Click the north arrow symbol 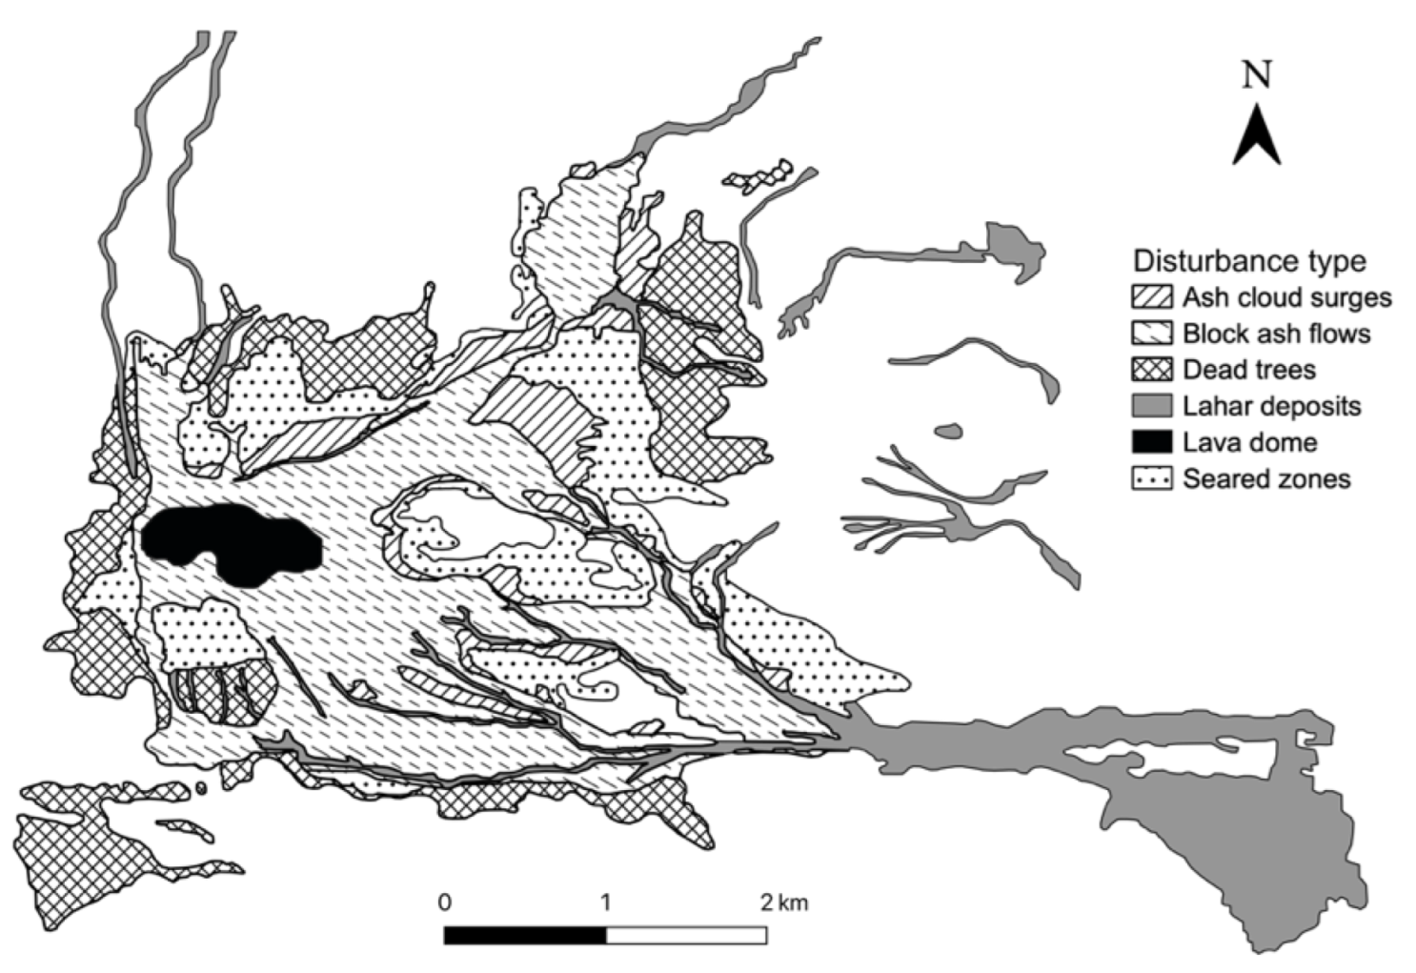point(1256,135)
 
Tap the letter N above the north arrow point(1257,74)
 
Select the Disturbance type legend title point(1249,260)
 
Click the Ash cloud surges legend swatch point(1151,297)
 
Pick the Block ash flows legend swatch point(1151,334)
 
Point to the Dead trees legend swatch point(1151,370)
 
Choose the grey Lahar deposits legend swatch point(1151,406)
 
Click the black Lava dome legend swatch point(1151,442)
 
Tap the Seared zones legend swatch point(1151,478)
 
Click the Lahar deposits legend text point(1272,407)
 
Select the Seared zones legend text point(1266,478)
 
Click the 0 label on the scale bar point(445,902)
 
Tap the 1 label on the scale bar point(605,902)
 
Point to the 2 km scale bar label point(783,902)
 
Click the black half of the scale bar point(524,935)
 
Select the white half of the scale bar point(686,935)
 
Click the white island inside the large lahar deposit point(1182,758)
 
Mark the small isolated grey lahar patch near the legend point(948,432)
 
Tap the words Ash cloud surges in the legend point(1286,297)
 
